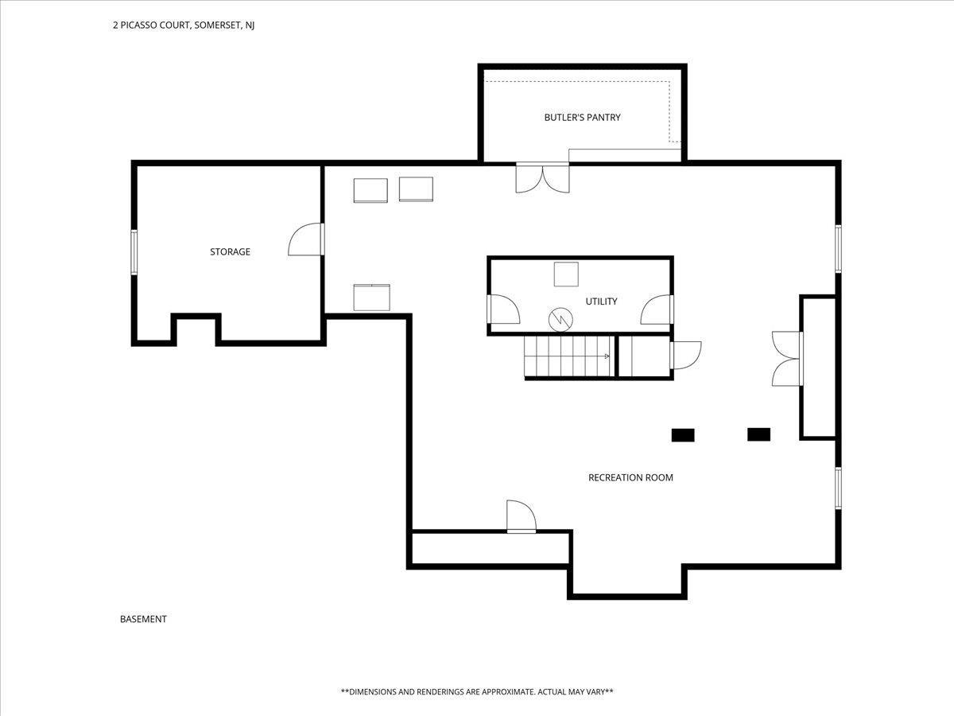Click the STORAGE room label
click(230, 251)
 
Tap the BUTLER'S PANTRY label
click(583, 118)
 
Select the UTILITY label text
click(601, 302)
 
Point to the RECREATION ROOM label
click(630, 477)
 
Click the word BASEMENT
click(143, 619)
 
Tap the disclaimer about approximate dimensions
click(477, 691)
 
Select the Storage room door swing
click(306, 239)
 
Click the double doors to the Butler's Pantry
click(542, 177)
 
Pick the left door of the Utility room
click(503, 309)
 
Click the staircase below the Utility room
click(569, 356)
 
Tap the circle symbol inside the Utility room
click(560, 320)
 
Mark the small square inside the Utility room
click(566, 274)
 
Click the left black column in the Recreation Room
click(683, 435)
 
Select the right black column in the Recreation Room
click(759, 434)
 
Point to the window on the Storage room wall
click(134, 252)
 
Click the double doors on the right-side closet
click(787, 359)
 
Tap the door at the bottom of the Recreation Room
click(522, 516)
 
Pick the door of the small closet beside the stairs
click(686, 356)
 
